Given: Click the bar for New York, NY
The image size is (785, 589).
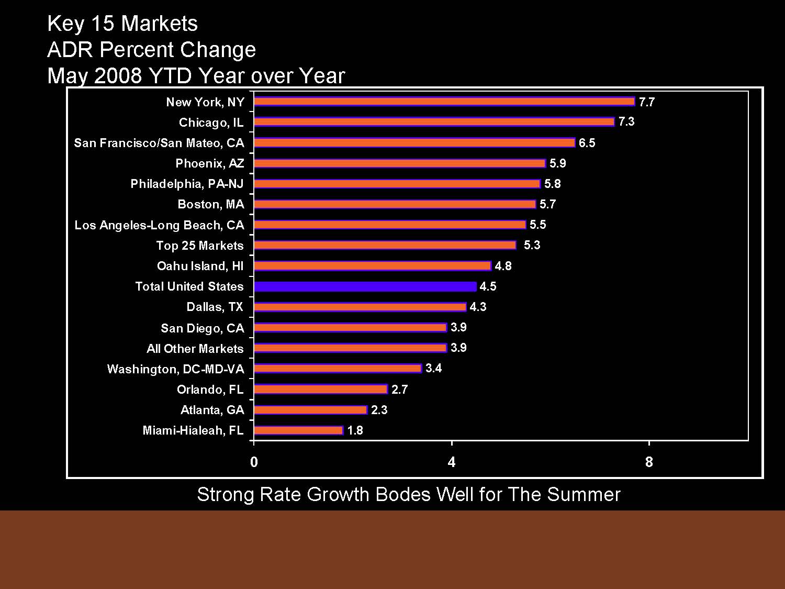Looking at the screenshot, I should coord(444,102).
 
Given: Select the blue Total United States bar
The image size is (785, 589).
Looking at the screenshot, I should coord(365,286).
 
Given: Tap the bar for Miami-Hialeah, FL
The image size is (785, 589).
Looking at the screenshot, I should coord(298,430).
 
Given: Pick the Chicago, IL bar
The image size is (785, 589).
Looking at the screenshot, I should coord(434,122).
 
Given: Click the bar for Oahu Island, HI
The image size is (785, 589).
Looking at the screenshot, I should coord(372,266).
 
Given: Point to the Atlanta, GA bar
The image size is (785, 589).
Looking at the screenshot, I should coord(310,410).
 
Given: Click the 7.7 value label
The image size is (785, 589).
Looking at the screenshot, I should coord(647,102).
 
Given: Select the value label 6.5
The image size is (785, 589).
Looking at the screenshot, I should coord(587,143).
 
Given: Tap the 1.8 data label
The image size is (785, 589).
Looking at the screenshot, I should coord(355,430).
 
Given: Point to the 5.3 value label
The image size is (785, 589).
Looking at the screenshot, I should coord(532,245).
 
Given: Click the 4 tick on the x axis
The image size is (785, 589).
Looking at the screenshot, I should coord(451,462).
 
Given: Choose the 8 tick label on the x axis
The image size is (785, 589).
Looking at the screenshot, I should coord(649,462).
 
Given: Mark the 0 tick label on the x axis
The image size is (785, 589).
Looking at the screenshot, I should coord(254,462).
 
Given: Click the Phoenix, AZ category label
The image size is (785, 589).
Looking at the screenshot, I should coord(209,163).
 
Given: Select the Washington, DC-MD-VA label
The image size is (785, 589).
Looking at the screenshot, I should coord(175,369).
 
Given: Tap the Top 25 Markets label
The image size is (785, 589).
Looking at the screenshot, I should coord(199,246).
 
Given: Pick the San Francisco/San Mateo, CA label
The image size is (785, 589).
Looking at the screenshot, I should coord(159,143).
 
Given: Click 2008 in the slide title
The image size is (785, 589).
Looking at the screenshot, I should coord(118,76).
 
